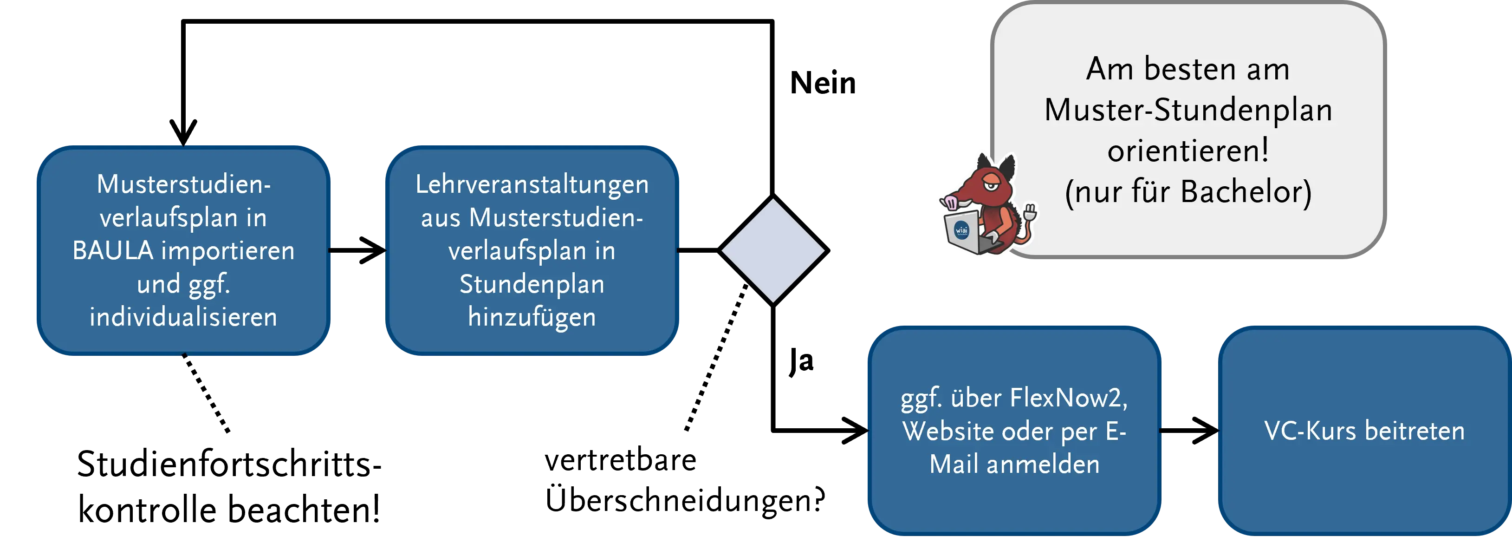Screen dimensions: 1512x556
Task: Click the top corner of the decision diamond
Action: (x=773, y=196)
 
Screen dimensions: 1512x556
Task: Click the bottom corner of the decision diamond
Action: (x=773, y=305)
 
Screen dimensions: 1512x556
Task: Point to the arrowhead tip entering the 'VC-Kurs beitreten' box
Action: (x=1217, y=431)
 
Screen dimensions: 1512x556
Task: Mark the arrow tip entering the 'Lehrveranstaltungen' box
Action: (x=385, y=251)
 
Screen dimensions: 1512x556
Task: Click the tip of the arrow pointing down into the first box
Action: (x=183, y=144)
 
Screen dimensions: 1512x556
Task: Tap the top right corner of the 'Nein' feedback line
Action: (x=772, y=22)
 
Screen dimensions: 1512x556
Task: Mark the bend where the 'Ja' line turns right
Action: (x=773, y=431)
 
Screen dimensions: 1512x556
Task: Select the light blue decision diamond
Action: (x=773, y=251)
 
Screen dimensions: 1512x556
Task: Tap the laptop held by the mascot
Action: (x=964, y=232)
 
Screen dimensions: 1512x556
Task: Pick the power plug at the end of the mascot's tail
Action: (x=1030, y=211)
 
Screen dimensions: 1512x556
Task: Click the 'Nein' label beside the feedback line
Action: (x=823, y=83)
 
